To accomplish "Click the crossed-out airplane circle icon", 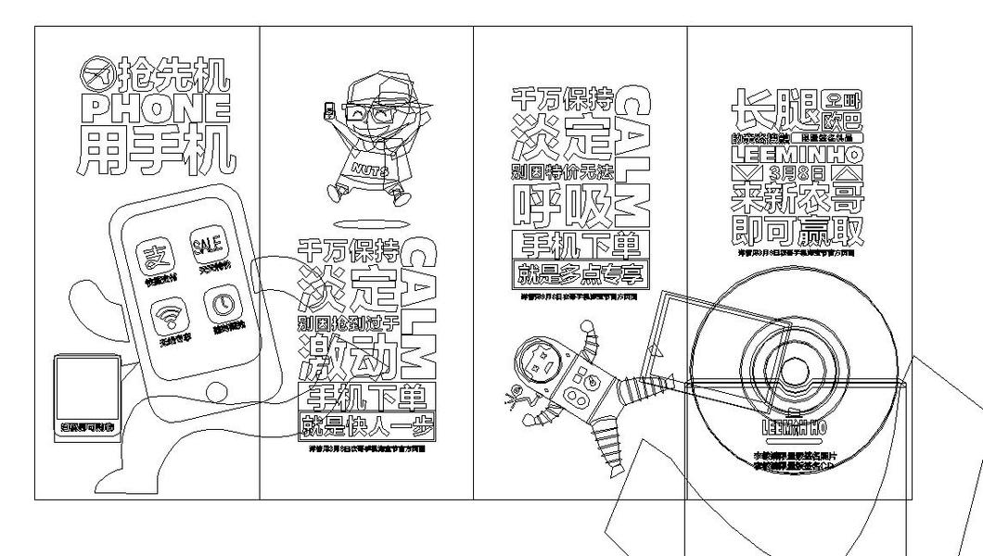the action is point(96,72).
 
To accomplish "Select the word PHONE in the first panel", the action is point(154,108).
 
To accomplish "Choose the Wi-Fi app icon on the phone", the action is point(169,317).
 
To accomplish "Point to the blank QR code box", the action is point(86,388).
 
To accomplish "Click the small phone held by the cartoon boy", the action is point(328,111).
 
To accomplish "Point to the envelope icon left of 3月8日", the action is point(746,174).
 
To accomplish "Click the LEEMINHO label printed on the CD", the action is point(793,428).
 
